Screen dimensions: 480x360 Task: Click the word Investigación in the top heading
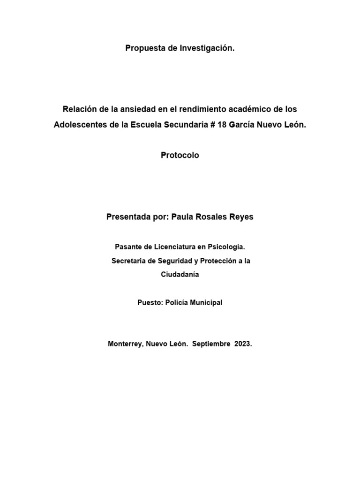pos(207,48)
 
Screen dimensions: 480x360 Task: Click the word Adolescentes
pos(78,126)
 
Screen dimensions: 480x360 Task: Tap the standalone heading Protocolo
pos(180,156)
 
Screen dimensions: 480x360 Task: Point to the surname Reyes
pos(240,217)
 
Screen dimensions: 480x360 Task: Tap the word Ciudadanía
pos(180,274)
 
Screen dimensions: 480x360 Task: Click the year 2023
pos(242,344)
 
